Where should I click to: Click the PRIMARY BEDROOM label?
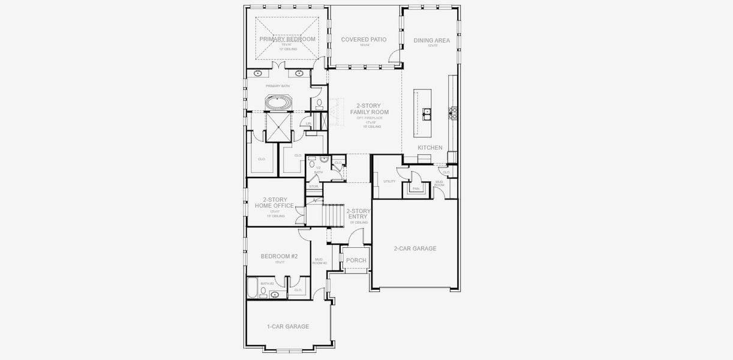click(287, 39)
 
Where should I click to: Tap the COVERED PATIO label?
click(364, 40)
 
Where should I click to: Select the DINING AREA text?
click(431, 41)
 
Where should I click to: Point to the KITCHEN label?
click(430, 148)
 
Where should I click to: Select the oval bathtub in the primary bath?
click(278, 103)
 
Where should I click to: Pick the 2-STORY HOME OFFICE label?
click(274, 203)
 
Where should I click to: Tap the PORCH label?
click(356, 260)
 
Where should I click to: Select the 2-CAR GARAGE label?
click(414, 248)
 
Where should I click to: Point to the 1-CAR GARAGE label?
click(288, 326)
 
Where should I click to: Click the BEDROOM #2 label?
click(279, 256)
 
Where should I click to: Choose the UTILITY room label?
click(389, 181)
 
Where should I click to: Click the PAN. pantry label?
click(416, 188)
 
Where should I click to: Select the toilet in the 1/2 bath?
click(312, 164)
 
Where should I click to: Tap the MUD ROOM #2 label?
click(320, 261)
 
